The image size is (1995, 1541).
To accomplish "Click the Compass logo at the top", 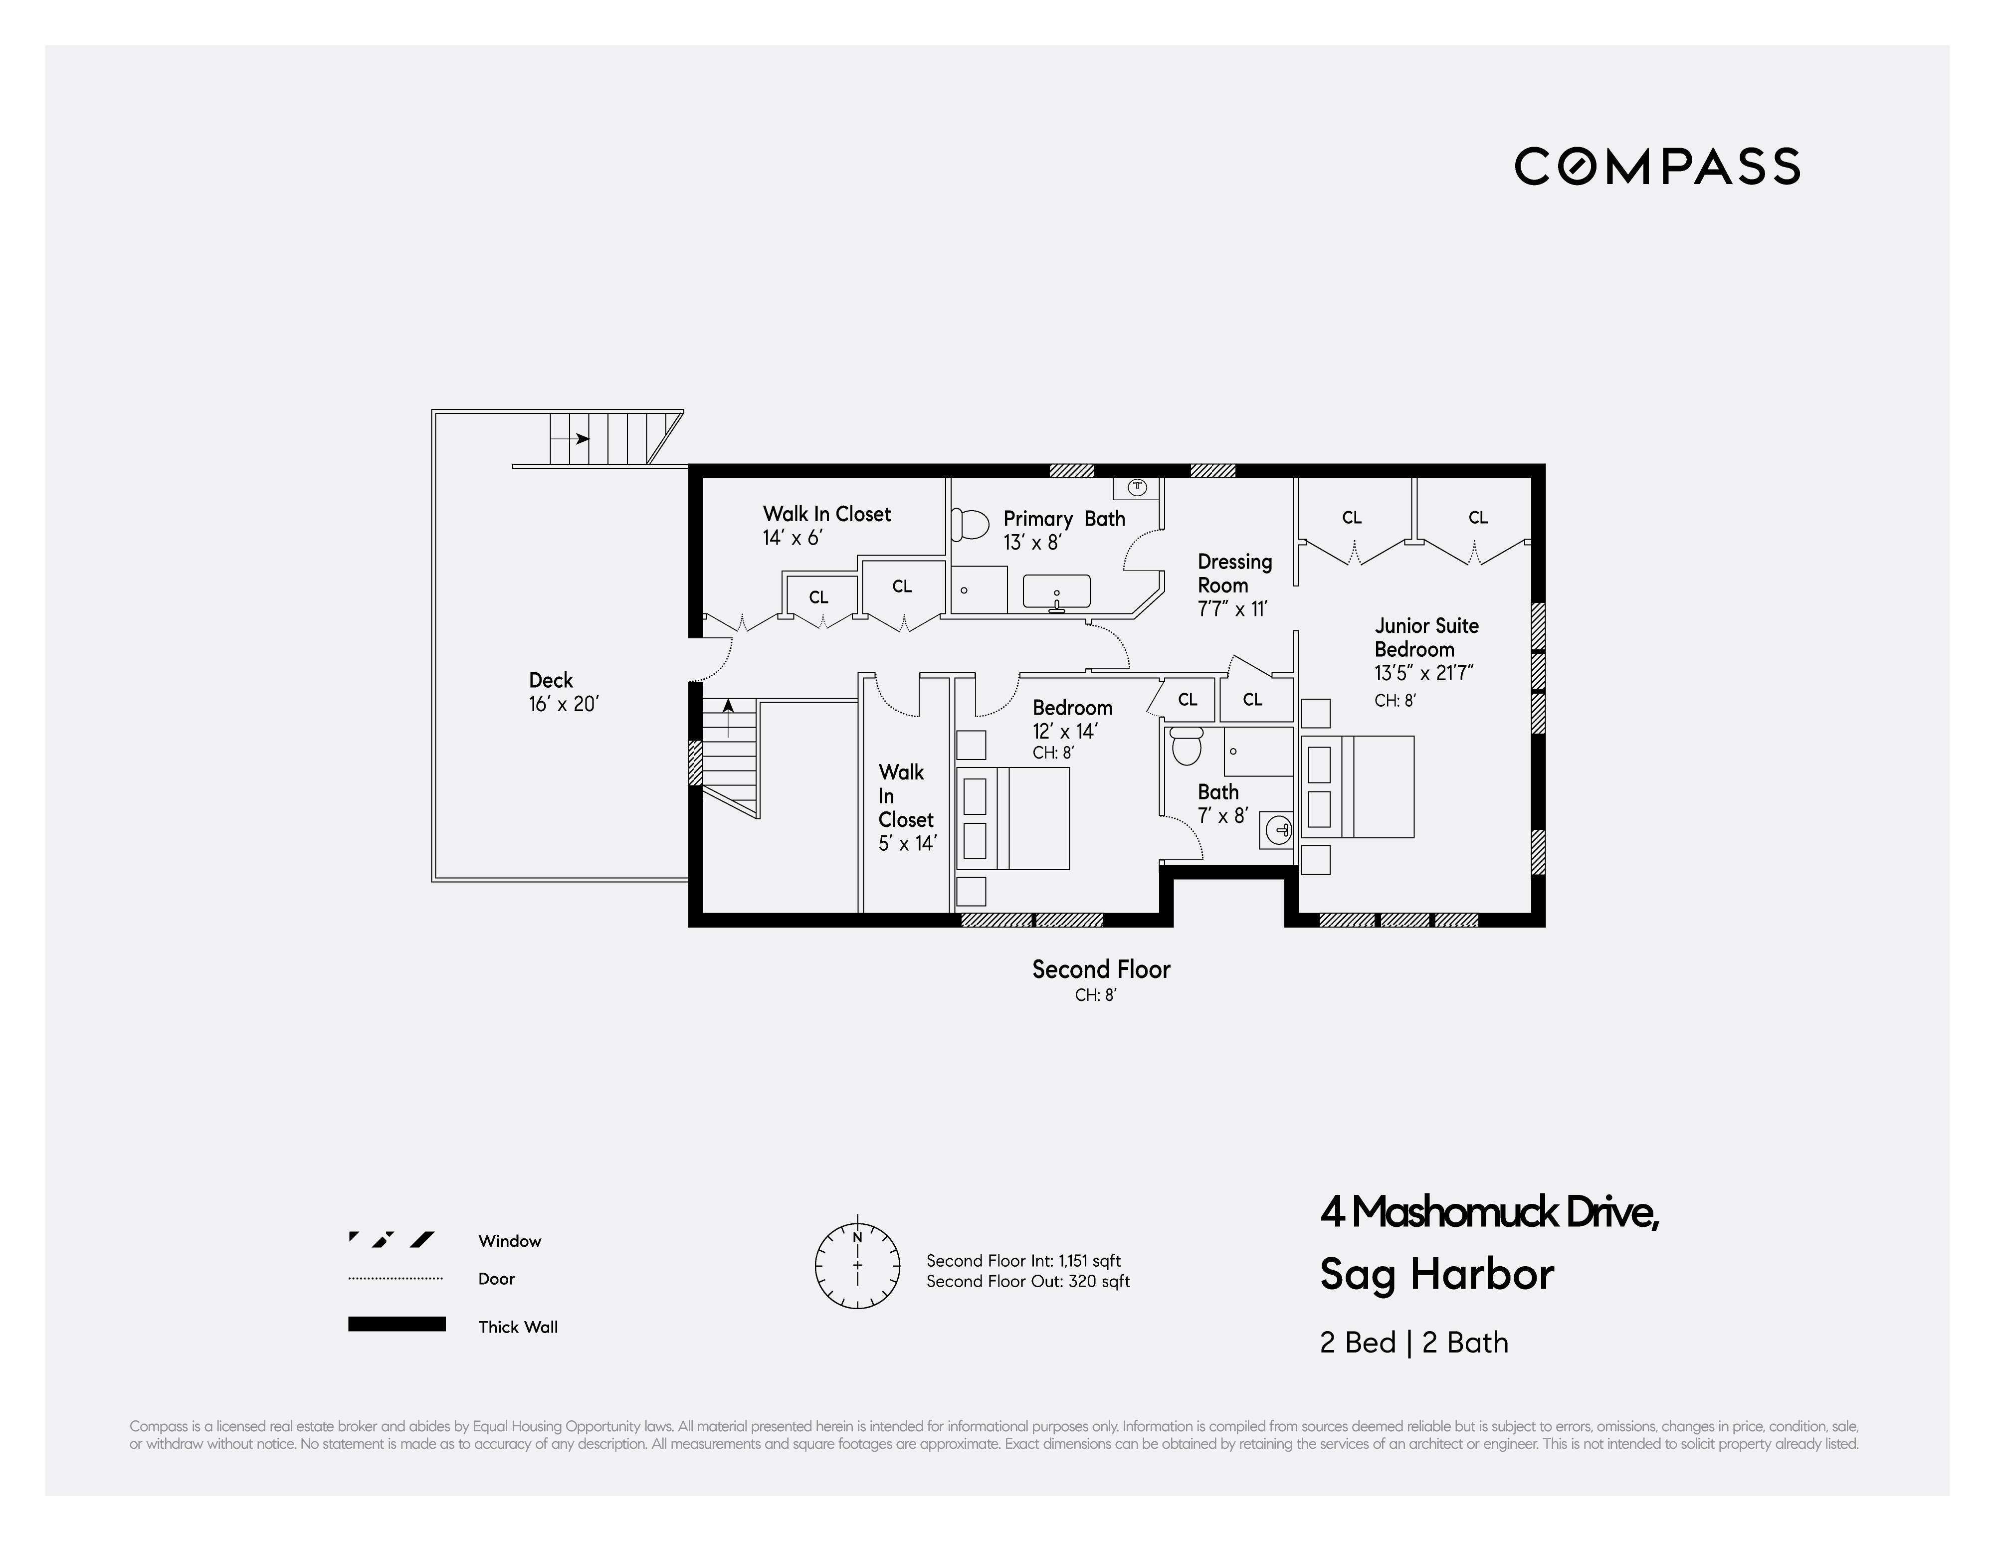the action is tap(1657, 166).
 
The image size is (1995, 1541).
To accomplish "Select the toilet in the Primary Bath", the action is tap(970, 524).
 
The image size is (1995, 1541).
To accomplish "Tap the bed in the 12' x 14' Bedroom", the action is tap(1012, 817).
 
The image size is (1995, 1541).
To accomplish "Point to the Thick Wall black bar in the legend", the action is tap(397, 1324).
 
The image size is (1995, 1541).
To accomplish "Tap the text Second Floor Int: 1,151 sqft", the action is tap(1023, 1261).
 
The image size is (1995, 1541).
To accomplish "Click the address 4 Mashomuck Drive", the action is tap(1489, 1212).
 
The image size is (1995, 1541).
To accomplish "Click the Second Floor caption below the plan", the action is tap(1101, 969).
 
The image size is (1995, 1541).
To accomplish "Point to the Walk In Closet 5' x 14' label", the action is tap(906, 807).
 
